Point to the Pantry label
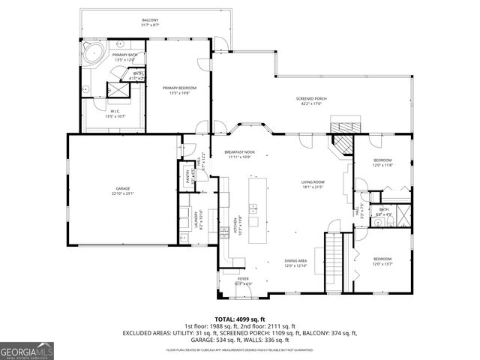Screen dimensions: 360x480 (188, 175)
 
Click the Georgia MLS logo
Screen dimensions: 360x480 (26, 349)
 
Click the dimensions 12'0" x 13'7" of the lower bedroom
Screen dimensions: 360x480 (382, 263)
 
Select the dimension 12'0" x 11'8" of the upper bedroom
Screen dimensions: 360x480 (382, 165)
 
